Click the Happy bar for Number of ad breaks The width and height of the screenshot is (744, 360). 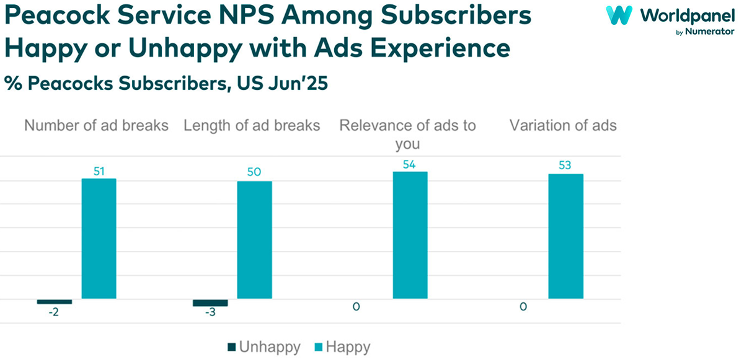pyautogui.click(x=99, y=239)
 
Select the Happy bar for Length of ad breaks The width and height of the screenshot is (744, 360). pyautogui.click(x=255, y=240)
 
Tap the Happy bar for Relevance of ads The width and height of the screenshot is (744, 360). pyautogui.click(x=410, y=235)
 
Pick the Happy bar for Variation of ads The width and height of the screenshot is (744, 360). pyautogui.click(x=566, y=236)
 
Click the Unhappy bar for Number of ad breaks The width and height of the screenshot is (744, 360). pyautogui.click(x=55, y=302)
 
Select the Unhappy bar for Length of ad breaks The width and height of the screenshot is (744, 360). pyautogui.click(x=210, y=303)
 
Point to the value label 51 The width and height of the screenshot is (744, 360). pyautogui.click(x=99, y=171)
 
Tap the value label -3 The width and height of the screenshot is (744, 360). pyautogui.click(x=210, y=313)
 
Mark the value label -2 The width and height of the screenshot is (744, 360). pyautogui.click(x=55, y=311)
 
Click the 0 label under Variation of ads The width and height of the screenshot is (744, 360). pyautogui.click(x=524, y=307)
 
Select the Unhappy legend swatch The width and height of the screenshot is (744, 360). pyautogui.click(x=232, y=347)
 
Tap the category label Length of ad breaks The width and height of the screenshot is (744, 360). pyautogui.click(x=252, y=126)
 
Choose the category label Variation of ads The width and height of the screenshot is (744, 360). pyautogui.click(x=563, y=126)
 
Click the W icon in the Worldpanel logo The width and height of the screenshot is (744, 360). pyautogui.click(x=618, y=15)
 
